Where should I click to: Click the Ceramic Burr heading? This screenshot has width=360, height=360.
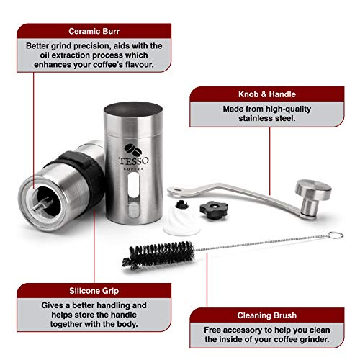94,31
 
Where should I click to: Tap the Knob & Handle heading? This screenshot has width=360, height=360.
267,94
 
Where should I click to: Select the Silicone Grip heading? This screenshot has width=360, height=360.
94,291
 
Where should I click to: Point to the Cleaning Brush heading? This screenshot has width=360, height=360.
267,315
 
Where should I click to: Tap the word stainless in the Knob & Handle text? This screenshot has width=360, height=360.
255,118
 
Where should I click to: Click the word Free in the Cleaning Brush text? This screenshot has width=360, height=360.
212,330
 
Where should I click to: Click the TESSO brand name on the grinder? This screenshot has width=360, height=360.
134,161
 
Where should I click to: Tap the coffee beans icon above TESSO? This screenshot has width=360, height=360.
132,149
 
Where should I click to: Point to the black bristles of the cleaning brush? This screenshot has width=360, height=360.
158,255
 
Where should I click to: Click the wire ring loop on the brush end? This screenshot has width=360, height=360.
336,235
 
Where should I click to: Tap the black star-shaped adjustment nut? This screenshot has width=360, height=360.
214,210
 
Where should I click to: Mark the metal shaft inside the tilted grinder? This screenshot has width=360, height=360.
42,205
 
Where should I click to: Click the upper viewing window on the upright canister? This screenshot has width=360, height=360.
134,185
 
